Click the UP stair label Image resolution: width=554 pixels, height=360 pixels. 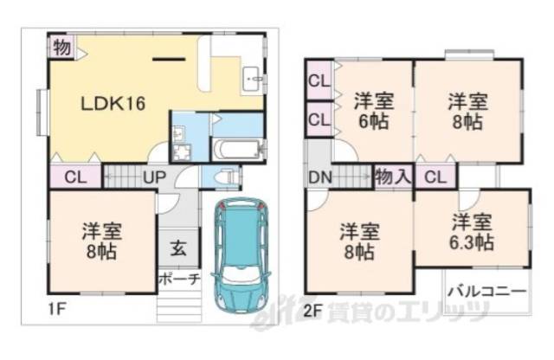coord(155,177)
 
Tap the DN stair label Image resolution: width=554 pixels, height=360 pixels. coord(318,178)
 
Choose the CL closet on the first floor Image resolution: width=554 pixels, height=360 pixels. coord(74,177)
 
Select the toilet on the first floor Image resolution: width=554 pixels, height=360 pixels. coord(229,177)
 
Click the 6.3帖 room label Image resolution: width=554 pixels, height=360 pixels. coord(473,232)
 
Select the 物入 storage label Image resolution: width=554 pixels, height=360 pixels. coord(393,178)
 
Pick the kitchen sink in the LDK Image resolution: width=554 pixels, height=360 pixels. coord(253,75)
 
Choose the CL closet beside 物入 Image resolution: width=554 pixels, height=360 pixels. coord(435,178)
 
